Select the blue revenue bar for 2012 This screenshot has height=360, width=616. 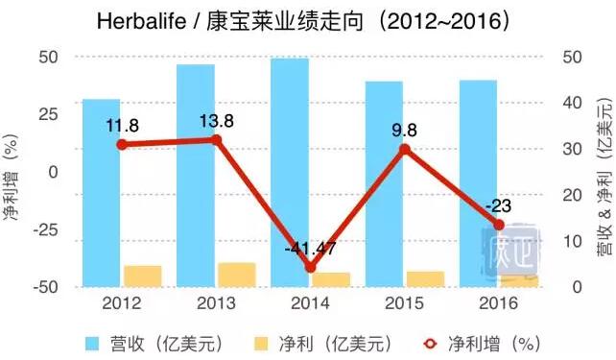pyautogui.click(x=101, y=192)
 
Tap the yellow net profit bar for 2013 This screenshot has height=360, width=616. pyautogui.click(x=236, y=275)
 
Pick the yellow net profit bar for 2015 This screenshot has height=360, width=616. pyautogui.click(x=425, y=278)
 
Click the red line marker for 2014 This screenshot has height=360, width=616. pyautogui.click(x=309, y=268)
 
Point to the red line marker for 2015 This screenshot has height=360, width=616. pyautogui.click(x=404, y=149)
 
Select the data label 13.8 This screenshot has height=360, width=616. pyautogui.click(x=216, y=121)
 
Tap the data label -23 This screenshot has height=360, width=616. pyautogui.click(x=498, y=205)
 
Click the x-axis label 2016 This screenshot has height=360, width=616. pyautogui.click(x=498, y=302)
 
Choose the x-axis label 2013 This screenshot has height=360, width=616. pyautogui.click(x=216, y=302)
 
